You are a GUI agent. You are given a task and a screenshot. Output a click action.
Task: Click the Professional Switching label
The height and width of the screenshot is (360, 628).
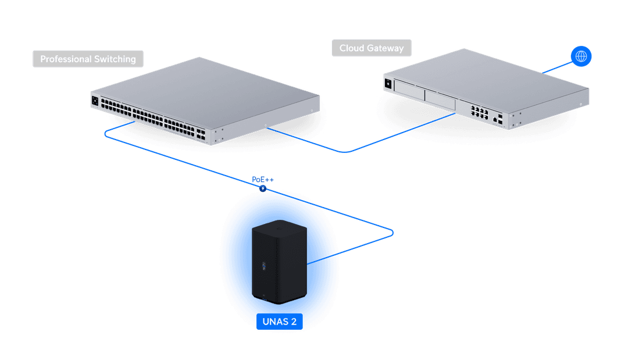click(x=88, y=59)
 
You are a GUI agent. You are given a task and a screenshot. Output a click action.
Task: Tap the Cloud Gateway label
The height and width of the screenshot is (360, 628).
click(x=372, y=48)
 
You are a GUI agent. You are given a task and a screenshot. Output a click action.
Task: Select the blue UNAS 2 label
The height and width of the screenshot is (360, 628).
click(x=280, y=321)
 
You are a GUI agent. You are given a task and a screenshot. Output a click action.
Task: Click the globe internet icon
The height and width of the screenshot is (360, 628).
click(x=581, y=56)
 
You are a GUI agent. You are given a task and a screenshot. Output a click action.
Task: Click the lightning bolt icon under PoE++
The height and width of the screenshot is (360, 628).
click(x=262, y=189)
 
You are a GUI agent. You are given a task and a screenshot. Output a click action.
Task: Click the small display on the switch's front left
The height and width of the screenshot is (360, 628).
click(x=95, y=100)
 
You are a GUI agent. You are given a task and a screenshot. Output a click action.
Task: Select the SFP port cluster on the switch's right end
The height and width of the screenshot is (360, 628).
click(x=201, y=135)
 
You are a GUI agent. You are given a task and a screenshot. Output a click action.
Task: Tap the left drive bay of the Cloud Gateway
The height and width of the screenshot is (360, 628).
click(x=409, y=88)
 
